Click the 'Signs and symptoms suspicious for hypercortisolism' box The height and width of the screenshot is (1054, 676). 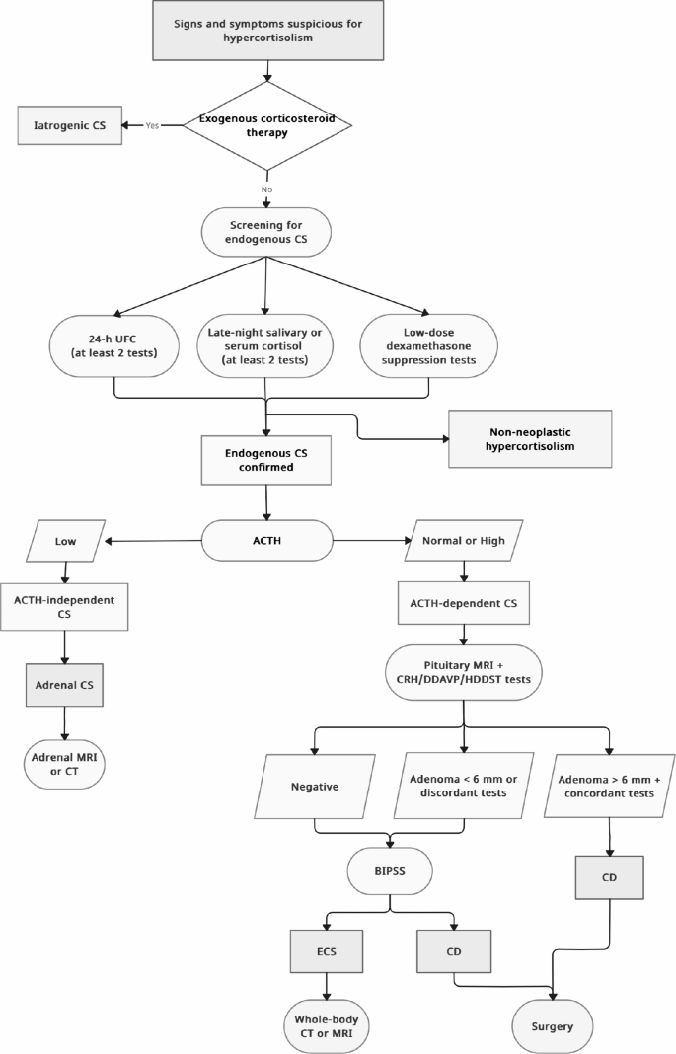(266, 30)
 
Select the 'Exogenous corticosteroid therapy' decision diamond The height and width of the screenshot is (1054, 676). (266, 125)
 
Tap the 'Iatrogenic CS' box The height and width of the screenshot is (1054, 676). (69, 126)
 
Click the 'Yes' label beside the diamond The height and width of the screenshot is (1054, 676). (153, 126)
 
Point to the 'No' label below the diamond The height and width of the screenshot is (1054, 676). (266, 188)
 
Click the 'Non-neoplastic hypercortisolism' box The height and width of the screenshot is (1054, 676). (530, 438)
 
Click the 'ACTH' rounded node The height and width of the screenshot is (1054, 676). (266, 541)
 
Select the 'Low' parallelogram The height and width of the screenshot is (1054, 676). (66, 541)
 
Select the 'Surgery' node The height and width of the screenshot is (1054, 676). (554, 1026)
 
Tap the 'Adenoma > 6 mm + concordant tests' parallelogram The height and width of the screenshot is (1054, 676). (608, 784)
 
